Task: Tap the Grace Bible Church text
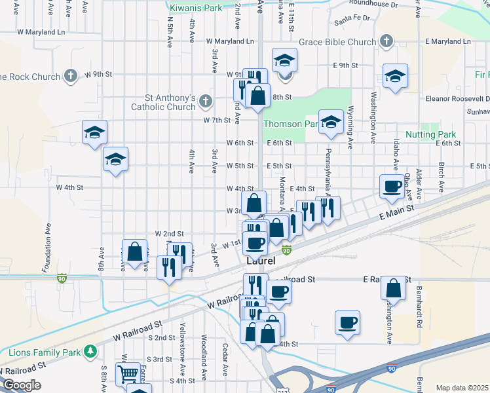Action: tap(338, 42)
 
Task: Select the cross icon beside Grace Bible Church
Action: tap(386, 42)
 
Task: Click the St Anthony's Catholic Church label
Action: tap(163, 102)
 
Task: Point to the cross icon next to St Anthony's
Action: tap(206, 101)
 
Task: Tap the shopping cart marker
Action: tap(128, 374)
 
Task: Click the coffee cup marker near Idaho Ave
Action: tap(392, 186)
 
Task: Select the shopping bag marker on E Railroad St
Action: tap(393, 288)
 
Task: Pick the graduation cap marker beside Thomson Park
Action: tap(331, 122)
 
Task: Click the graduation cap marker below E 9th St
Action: tap(395, 76)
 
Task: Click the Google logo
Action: tap(21, 385)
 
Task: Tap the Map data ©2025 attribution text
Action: tap(461, 388)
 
